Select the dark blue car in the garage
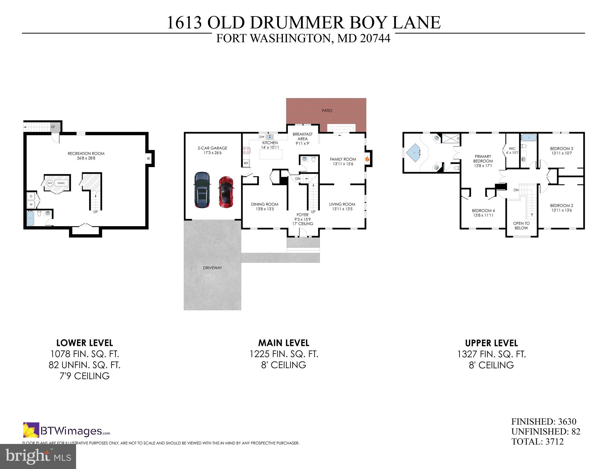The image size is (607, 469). coord(202,190)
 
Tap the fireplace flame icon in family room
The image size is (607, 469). coord(367,159)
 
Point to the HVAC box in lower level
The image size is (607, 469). coord(61,183)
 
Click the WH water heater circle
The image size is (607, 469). coord(50,183)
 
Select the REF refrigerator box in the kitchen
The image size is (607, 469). coord(246,163)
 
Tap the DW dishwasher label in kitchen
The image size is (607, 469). coord(262,137)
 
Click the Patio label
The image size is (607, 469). coord(327,111)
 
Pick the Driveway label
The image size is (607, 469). coord(212,268)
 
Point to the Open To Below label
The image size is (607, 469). coord(521,225)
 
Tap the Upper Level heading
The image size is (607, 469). coord(491,343)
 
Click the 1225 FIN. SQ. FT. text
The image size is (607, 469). coord(284,354)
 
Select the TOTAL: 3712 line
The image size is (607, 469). coord(537,442)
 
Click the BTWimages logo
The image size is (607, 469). coord(67,431)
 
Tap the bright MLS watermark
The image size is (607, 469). coord(38,456)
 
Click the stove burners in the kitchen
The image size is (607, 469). coord(246,150)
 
